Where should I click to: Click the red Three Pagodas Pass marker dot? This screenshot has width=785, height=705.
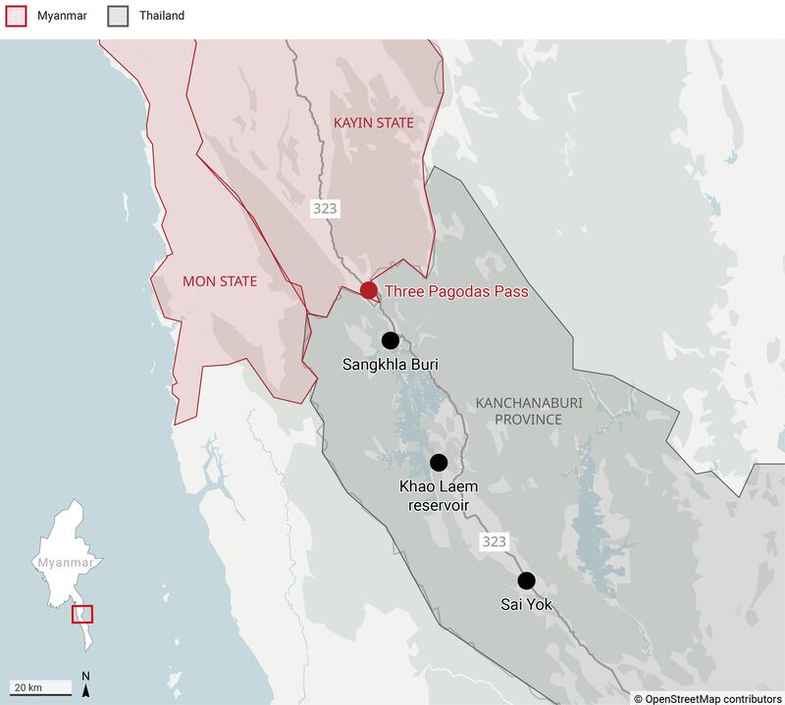tap(368, 290)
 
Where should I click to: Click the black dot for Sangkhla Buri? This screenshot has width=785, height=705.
tap(391, 340)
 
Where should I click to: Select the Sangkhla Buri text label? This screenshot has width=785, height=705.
tap(390, 365)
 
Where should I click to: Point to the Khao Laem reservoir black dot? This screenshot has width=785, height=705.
tap(439, 462)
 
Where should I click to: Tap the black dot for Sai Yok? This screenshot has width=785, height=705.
tap(527, 579)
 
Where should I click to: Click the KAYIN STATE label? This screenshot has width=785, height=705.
tap(374, 123)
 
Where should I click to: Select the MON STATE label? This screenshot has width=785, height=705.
tap(220, 281)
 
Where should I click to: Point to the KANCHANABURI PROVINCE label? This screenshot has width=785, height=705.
tap(518, 411)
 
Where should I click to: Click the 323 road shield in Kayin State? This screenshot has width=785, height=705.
tap(325, 209)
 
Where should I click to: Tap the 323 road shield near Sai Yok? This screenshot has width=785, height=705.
tap(494, 541)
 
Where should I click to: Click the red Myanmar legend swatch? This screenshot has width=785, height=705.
tap(15, 16)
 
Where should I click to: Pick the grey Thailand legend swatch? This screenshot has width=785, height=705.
tap(118, 16)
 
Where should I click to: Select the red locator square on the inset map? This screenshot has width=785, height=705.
tap(82, 614)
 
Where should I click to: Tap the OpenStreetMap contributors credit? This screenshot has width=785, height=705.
tap(709, 697)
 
